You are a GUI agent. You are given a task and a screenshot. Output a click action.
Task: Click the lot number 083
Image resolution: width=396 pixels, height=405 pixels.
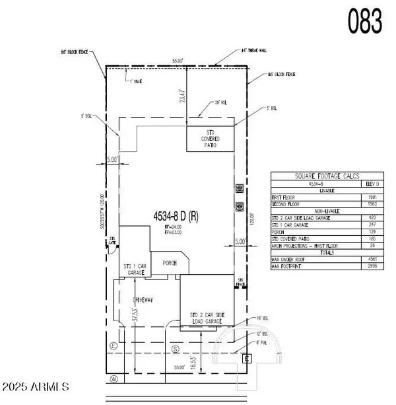click(364, 21)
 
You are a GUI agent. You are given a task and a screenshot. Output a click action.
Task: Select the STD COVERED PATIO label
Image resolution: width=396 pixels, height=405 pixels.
click(210, 139)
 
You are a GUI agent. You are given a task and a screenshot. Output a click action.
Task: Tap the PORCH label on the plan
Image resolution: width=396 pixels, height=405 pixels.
click(168, 260)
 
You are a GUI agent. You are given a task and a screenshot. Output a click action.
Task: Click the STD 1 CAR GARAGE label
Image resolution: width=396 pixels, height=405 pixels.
click(134, 269)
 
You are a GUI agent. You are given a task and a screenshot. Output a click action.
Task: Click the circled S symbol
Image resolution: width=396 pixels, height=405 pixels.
click(176, 348)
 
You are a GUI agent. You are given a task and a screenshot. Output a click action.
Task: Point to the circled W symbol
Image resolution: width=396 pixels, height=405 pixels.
click(114, 379)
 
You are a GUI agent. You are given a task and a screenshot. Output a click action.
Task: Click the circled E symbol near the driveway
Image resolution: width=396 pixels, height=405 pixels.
click(114, 345)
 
